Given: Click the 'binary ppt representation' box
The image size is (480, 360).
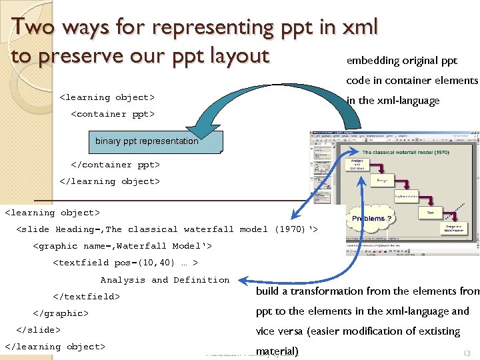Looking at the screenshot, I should pos(147,141).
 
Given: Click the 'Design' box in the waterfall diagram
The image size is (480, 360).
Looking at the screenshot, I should pos(382,181).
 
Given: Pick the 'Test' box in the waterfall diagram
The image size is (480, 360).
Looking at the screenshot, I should pos(429,213).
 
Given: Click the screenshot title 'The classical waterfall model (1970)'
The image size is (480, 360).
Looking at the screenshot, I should pos(405,153).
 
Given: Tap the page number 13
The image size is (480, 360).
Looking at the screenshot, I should pos(466,353).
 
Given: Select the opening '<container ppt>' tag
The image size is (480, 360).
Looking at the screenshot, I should pos(113,114).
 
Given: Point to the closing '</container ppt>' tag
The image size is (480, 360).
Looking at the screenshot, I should pos(115,165).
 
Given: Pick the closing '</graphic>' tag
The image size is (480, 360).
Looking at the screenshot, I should pos(61,313).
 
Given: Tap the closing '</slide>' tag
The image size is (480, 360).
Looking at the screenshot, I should pos(38,330).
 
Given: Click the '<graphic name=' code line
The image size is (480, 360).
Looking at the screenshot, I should pos(122,246).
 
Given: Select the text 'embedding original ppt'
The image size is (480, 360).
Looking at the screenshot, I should pos(402,61).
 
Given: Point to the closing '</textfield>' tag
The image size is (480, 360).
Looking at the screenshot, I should pos(86,297).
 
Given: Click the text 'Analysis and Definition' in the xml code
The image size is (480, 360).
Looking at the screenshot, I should pos(165,280).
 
